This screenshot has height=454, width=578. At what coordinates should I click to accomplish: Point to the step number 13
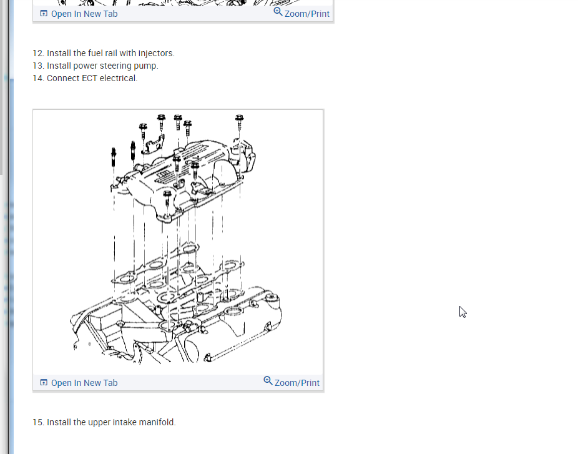38,66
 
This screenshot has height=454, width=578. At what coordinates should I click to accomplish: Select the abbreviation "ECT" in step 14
89,78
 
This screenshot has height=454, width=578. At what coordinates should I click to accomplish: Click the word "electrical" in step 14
118,78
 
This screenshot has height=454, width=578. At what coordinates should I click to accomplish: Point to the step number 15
38,422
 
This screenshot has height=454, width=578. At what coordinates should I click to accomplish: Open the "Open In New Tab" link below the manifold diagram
84,383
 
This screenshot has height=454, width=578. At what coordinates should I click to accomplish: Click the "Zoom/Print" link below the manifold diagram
296,383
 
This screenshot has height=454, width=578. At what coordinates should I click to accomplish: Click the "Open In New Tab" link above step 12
84,14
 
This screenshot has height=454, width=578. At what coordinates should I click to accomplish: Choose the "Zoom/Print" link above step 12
306,14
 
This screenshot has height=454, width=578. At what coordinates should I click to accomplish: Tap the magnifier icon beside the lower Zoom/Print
268,381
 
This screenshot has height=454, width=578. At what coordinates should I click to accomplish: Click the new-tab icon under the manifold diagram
44,383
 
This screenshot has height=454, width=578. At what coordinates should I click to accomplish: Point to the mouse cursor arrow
462,310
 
